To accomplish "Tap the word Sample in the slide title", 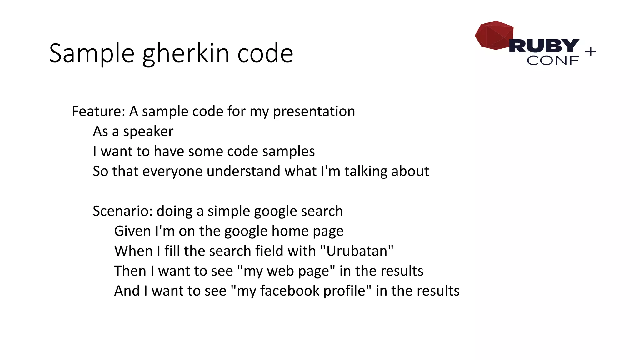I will click(x=92, y=54).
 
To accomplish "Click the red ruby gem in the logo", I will click(x=494, y=35).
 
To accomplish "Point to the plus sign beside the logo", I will click(x=590, y=51).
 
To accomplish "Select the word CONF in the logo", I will click(x=552, y=61).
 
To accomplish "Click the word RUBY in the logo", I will click(x=544, y=46).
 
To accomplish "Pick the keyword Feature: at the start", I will click(x=98, y=111).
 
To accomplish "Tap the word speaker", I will click(x=148, y=132).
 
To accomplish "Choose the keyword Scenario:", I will click(x=122, y=211).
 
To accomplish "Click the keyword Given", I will click(x=132, y=231).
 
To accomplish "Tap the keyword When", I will click(x=133, y=251).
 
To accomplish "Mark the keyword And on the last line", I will click(x=127, y=291).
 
